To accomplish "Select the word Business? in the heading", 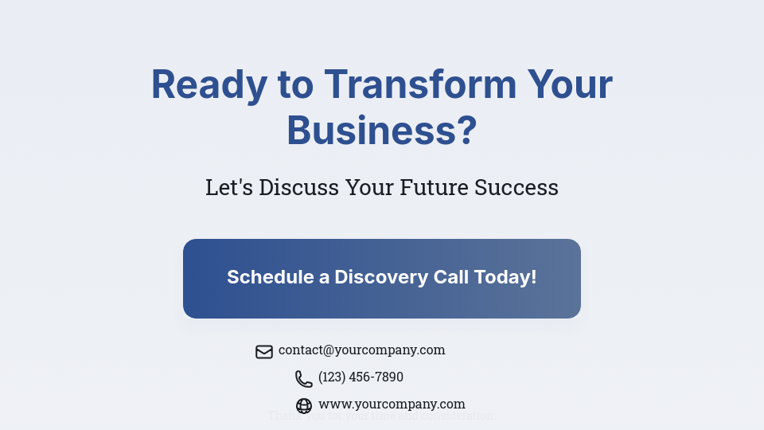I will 381,131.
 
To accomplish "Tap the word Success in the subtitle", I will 516,188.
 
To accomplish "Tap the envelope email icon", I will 264,351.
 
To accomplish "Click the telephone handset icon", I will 304,378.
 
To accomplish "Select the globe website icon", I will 304,405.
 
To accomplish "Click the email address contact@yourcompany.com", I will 361,350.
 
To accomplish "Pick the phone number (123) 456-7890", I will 361,377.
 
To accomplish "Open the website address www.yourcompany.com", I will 392,404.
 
